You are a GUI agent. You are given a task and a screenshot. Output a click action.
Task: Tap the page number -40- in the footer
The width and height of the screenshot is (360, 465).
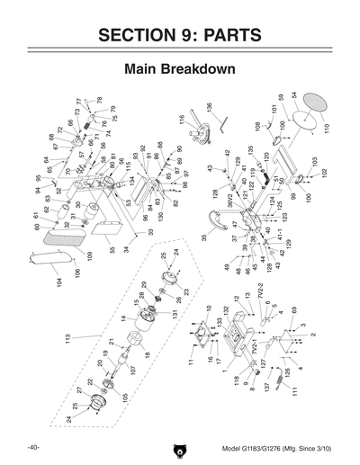31,447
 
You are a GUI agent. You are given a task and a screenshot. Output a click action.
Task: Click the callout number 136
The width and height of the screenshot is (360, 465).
208,107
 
